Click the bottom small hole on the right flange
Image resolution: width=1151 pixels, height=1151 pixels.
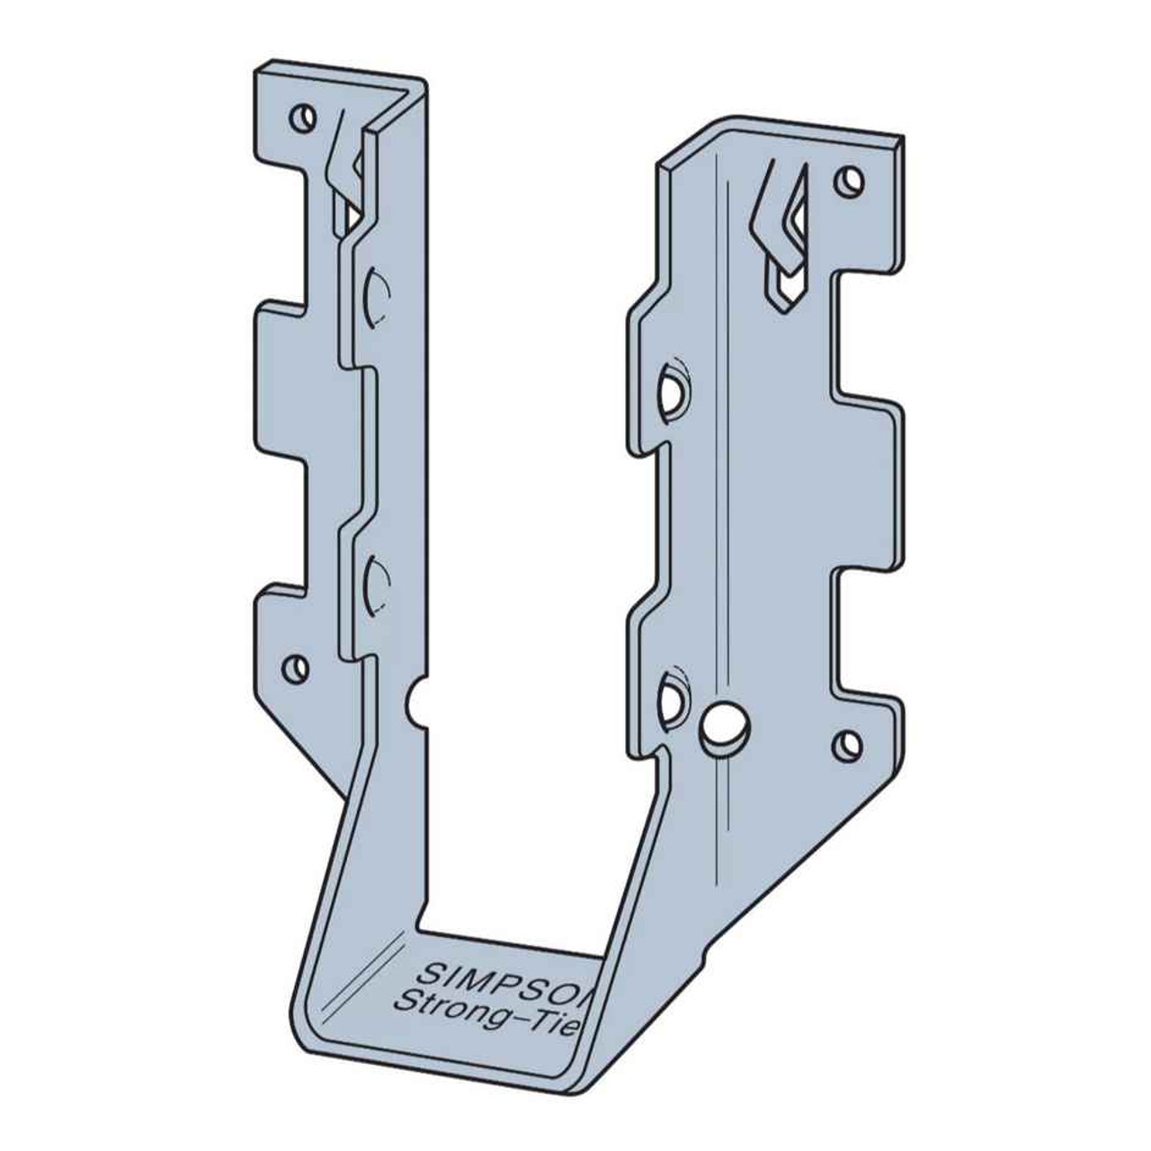point(846,743)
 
